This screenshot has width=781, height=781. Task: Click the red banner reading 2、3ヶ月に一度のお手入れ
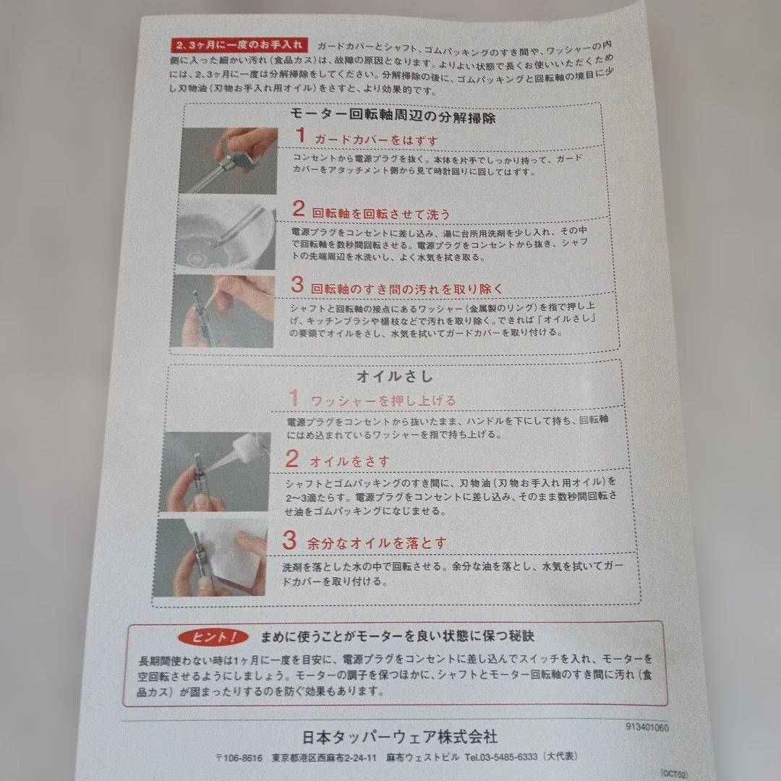[239, 45]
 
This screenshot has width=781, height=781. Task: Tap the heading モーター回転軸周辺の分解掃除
[393, 116]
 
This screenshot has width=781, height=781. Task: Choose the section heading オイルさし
[395, 377]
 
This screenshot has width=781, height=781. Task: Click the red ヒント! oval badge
[213, 636]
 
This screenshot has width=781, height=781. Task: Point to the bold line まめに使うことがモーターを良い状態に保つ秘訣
[398, 636]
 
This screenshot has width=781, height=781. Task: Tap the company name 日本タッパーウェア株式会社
[400, 736]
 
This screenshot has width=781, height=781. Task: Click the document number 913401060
[647, 727]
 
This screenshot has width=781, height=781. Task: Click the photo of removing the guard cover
[228, 161]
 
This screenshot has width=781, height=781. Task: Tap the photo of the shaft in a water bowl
[226, 233]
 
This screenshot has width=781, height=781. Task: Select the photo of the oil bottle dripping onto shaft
[215, 471]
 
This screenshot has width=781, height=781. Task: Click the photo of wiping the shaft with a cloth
[210, 557]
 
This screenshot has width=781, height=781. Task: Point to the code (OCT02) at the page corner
[674, 774]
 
